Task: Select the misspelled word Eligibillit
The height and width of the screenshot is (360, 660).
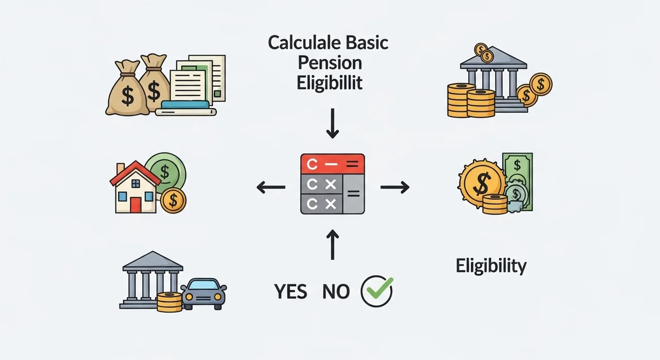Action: (329, 83)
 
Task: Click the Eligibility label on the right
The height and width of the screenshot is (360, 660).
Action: (491, 266)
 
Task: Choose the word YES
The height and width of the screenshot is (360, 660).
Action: (291, 292)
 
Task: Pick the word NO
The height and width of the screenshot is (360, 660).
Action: (336, 292)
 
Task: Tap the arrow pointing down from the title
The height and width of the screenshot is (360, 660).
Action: (333, 123)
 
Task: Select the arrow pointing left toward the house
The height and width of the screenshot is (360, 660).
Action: (271, 187)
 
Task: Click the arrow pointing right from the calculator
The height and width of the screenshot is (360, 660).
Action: (395, 187)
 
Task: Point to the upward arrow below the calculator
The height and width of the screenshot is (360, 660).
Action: (333, 244)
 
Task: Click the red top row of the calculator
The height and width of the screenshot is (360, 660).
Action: (333, 163)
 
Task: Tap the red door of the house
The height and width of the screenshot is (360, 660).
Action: (136, 205)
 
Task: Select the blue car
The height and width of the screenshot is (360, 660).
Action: (204, 293)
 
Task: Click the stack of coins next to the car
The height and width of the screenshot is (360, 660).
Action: (170, 302)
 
